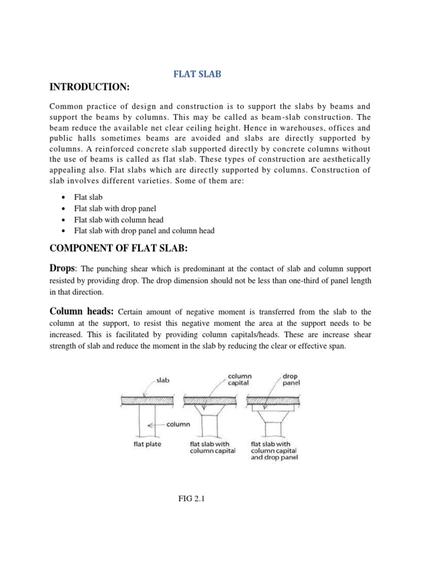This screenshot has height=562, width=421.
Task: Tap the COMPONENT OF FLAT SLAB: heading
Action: coord(119,249)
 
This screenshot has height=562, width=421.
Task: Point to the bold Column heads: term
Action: coord(82,311)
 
